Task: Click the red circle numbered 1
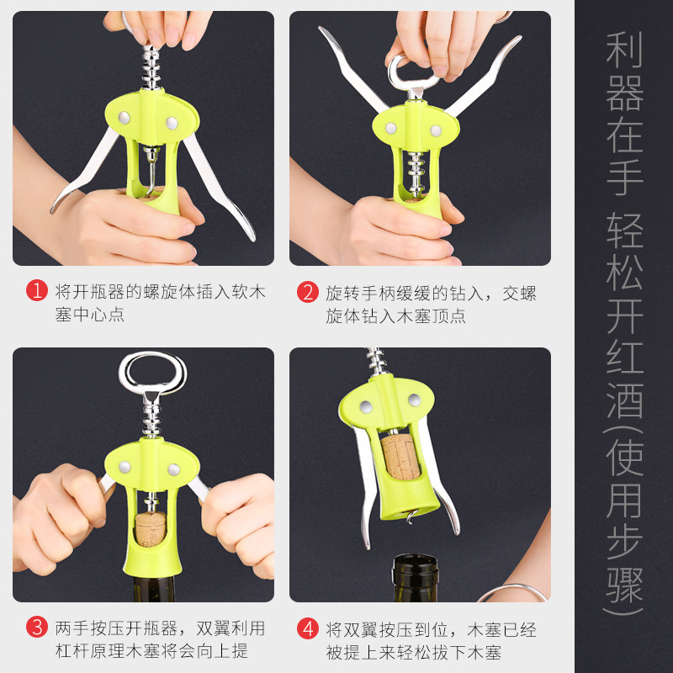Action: (37, 290)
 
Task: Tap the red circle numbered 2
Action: (308, 292)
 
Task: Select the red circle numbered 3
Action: (37, 627)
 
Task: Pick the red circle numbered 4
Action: (308, 628)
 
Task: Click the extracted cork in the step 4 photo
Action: (400, 457)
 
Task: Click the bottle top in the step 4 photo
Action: (416, 577)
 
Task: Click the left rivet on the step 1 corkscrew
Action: (124, 117)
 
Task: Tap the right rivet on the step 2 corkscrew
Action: (436, 130)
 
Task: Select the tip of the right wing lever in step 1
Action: (252, 237)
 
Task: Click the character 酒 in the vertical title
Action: (624, 401)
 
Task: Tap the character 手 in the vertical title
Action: (624, 176)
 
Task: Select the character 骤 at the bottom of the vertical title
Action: (624, 585)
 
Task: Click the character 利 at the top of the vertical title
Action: (624, 50)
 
